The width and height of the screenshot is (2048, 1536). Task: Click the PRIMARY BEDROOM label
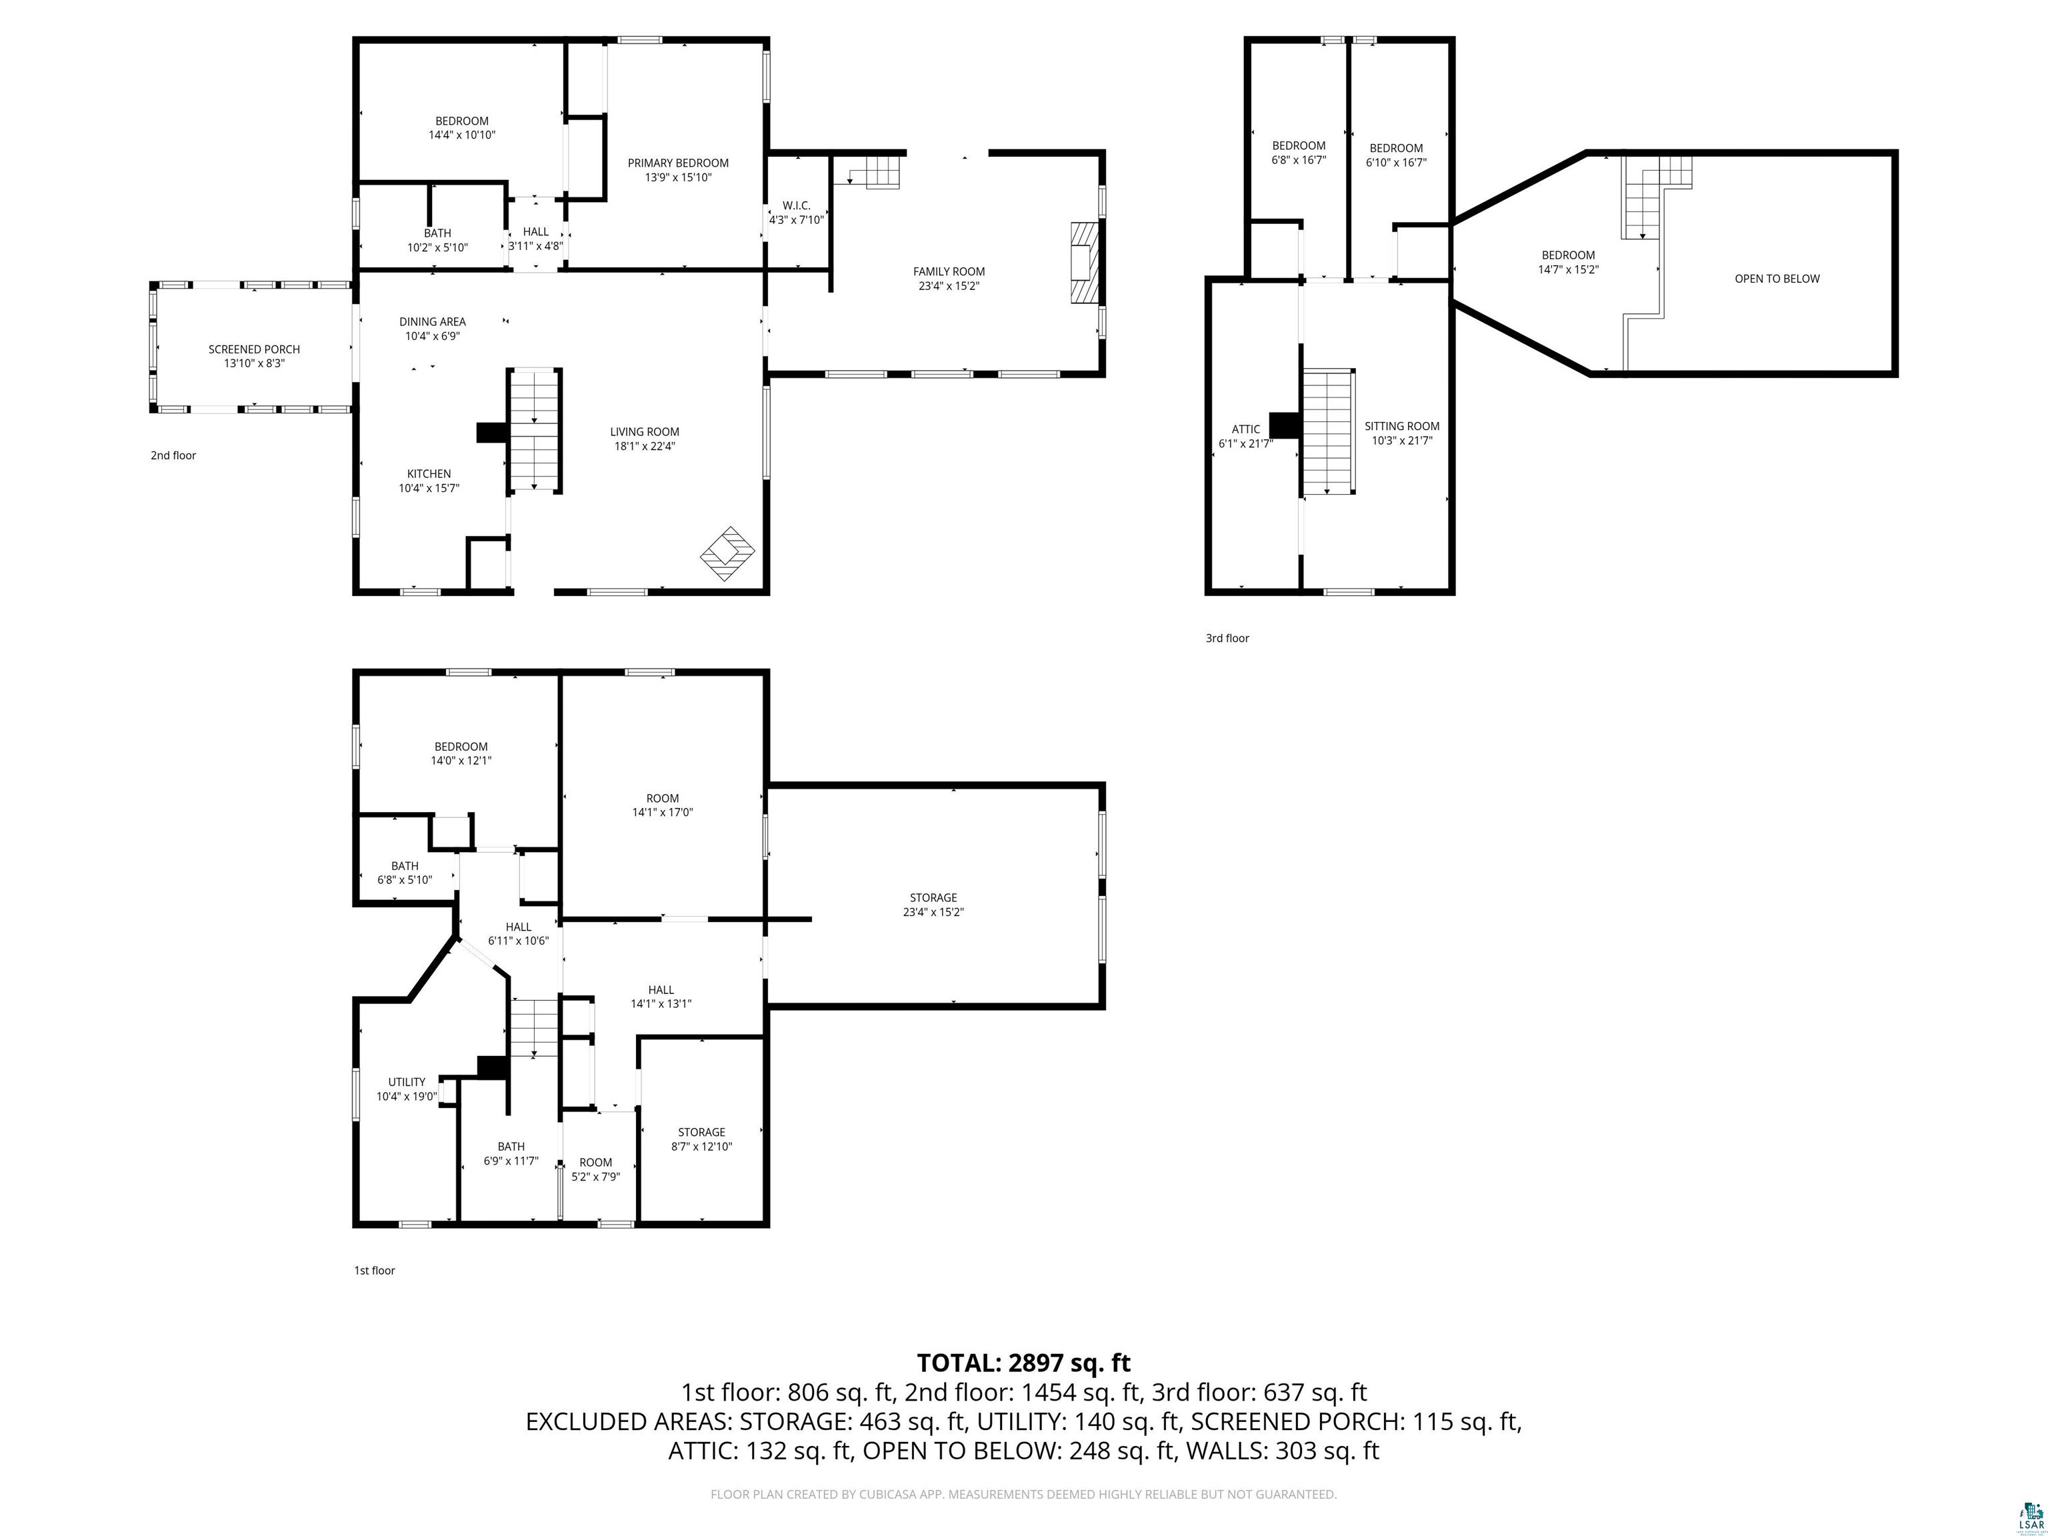[678, 163]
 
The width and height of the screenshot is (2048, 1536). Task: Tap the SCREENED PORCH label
[254, 349]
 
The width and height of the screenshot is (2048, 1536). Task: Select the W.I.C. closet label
[796, 205]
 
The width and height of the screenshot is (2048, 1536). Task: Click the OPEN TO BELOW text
[1777, 279]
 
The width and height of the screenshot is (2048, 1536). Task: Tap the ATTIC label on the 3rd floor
[1245, 429]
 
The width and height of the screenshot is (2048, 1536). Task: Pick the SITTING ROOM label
[1402, 427]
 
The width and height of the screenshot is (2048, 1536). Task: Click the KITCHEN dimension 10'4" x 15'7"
[429, 488]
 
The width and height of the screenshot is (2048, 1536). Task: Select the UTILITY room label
[407, 1081]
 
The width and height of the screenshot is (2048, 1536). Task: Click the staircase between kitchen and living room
[534, 429]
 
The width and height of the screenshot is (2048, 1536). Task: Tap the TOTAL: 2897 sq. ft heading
[1023, 1363]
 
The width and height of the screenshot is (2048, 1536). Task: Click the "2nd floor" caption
[173, 455]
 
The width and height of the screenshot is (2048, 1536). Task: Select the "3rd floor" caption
[1227, 638]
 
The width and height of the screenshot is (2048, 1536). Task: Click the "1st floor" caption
[374, 1270]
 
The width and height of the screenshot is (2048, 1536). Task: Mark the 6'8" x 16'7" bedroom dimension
[1298, 160]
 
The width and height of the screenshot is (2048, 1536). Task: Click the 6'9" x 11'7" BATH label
[511, 1153]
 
